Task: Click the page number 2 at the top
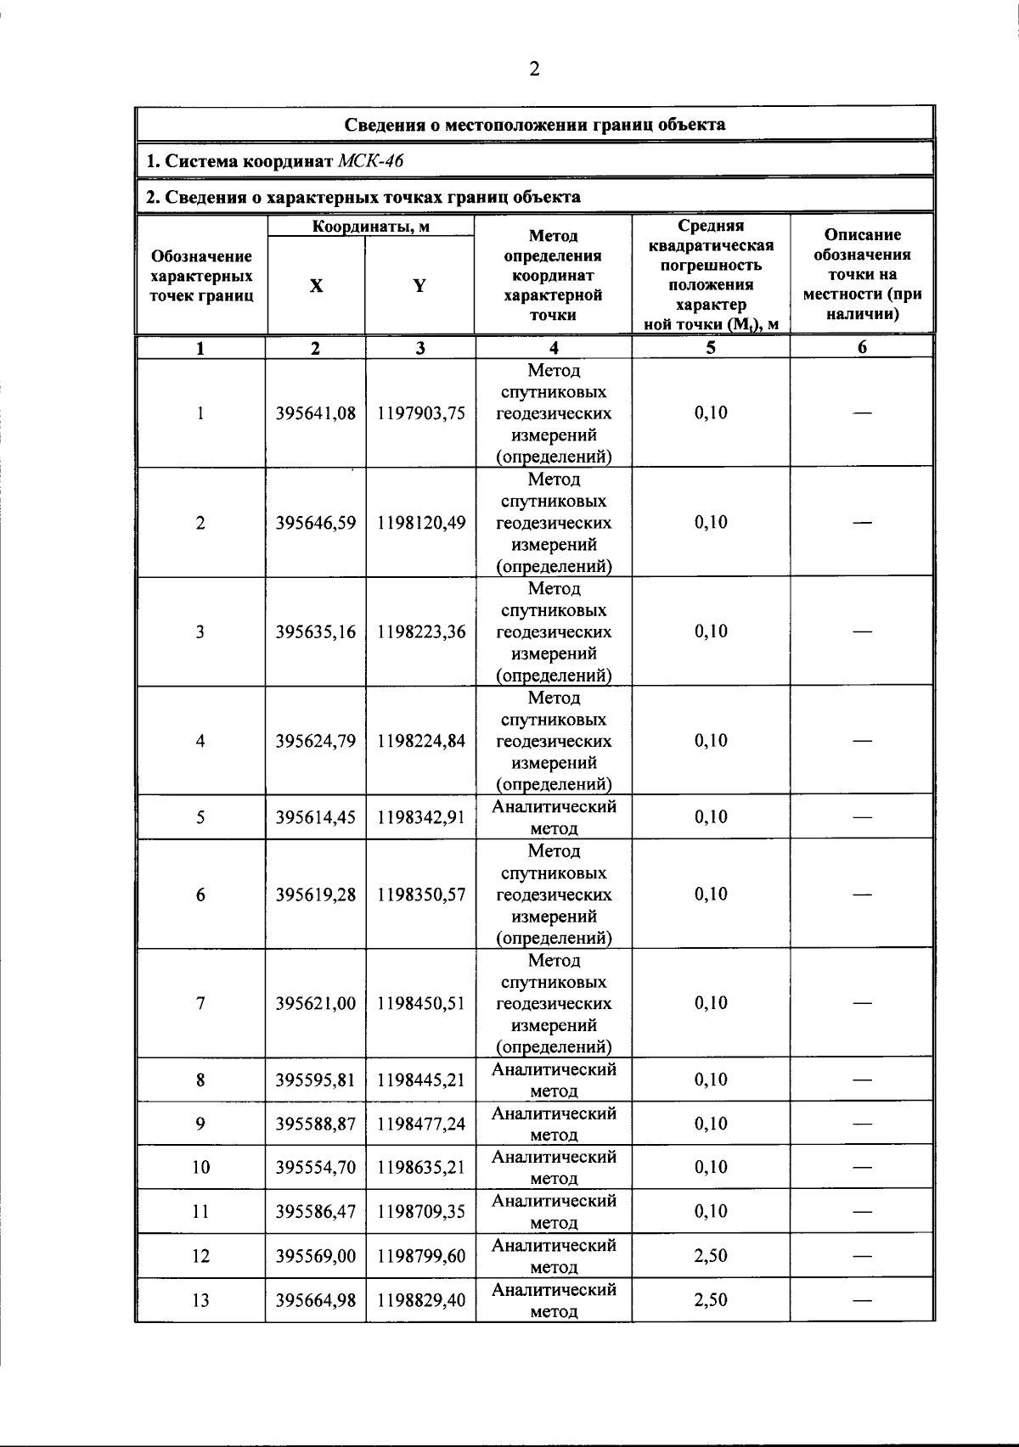click(x=534, y=70)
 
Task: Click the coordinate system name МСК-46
click(x=370, y=161)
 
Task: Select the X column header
click(x=316, y=286)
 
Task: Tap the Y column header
click(x=419, y=286)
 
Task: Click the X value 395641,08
click(x=316, y=413)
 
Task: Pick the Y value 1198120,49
click(x=421, y=523)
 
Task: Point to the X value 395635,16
click(x=316, y=632)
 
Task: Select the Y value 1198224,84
click(x=421, y=741)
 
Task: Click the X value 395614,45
click(x=316, y=817)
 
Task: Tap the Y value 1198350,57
click(x=421, y=895)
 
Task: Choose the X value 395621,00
click(x=316, y=1003)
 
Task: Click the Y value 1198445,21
click(x=421, y=1080)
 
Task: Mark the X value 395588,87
click(x=316, y=1124)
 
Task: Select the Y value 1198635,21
click(x=421, y=1168)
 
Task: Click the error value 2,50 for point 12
click(x=711, y=1256)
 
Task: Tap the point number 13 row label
click(x=200, y=1300)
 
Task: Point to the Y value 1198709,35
click(x=421, y=1212)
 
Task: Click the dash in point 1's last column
click(x=862, y=413)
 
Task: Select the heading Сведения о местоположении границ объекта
click(x=534, y=125)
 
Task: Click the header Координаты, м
click(x=370, y=227)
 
